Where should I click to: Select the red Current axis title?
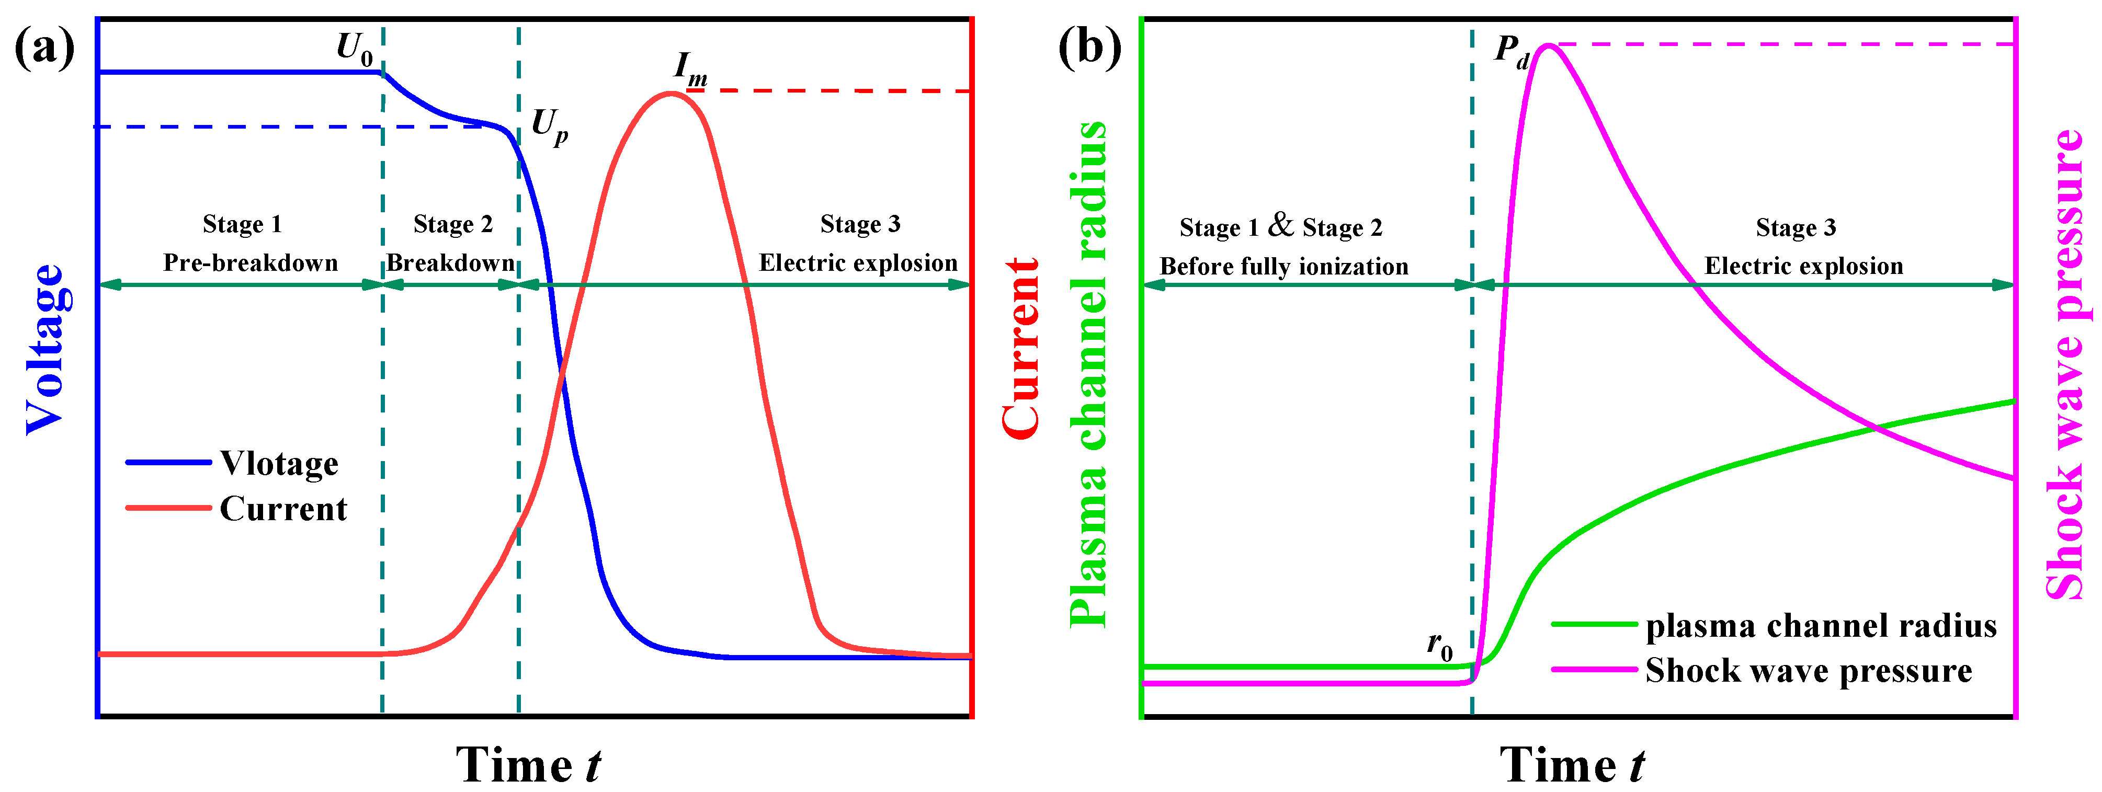pos(1020,349)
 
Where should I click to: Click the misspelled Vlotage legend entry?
pos(279,463)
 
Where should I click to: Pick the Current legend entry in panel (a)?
pos(283,509)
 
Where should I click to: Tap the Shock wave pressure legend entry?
pos(1808,671)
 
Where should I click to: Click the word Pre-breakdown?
pos(251,262)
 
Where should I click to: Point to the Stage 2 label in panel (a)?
pos(453,224)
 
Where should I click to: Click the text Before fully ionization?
pos(1283,266)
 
